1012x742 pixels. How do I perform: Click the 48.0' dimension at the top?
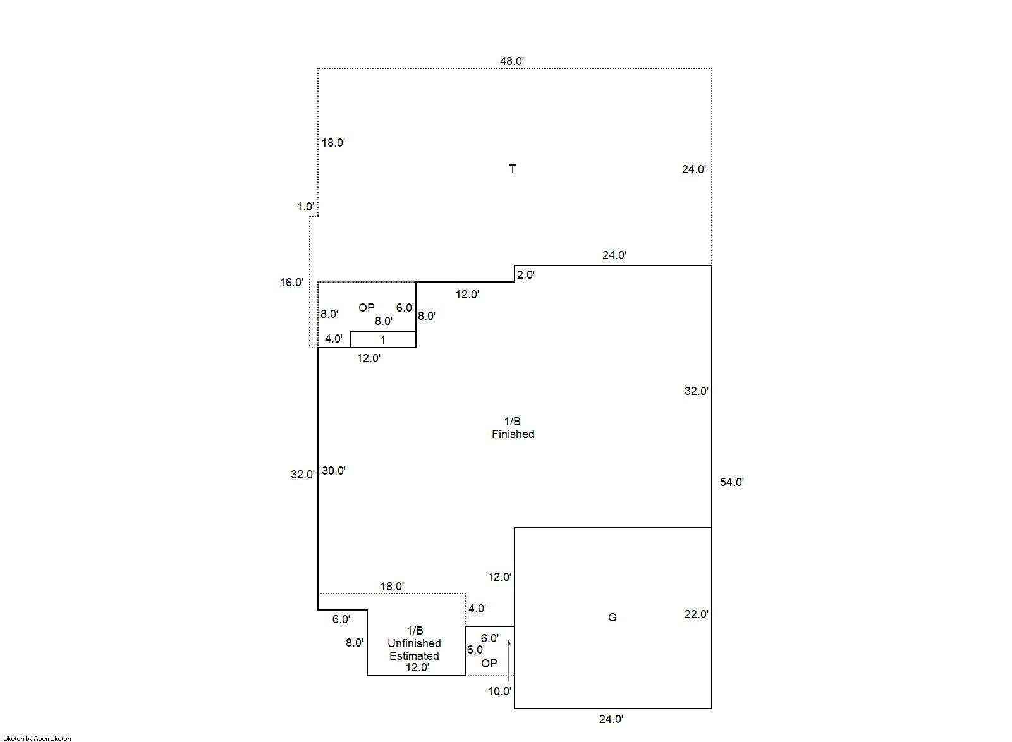click(512, 61)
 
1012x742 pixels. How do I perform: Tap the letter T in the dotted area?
click(513, 169)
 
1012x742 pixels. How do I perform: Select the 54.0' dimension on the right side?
click(732, 482)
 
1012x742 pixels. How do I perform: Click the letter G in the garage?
click(612, 617)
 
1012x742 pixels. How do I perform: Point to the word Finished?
click(513, 434)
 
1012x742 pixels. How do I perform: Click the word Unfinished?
click(414, 643)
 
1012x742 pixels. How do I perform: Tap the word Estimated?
click(414, 656)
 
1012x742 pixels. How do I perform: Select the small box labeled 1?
click(383, 340)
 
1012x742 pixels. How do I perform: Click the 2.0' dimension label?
click(526, 275)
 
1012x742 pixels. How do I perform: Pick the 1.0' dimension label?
click(305, 207)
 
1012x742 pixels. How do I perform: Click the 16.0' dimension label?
click(292, 283)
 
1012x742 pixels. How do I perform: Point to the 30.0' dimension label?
click(334, 471)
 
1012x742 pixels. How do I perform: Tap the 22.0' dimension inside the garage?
click(696, 614)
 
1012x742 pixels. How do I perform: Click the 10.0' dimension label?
click(499, 691)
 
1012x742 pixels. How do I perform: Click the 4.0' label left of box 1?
click(334, 339)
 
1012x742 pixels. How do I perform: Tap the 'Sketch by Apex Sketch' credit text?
click(37, 738)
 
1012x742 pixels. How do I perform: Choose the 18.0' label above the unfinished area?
click(392, 587)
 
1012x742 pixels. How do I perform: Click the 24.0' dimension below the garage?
click(611, 719)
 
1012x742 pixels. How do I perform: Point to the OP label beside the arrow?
click(489, 664)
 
